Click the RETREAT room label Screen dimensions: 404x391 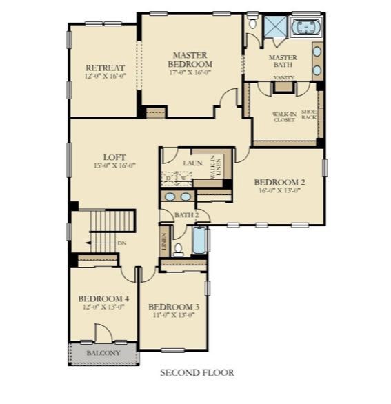tap(105, 68)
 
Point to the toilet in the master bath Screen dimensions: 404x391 tap(253, 23)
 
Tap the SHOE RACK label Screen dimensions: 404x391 tap(308, 114)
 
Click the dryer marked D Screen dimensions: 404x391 tap(169, 179)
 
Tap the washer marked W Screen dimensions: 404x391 tap(183, 179)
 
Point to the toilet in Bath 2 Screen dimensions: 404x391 tap(179, 248)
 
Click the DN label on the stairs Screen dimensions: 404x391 tap(121, 243)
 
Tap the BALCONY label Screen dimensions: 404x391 tap(103, 354)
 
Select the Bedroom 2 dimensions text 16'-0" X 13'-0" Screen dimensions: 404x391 tap(279, 191)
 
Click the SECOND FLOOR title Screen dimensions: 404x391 tap(197, 373)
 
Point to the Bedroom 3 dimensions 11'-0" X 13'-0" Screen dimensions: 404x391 tap(173, 315)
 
